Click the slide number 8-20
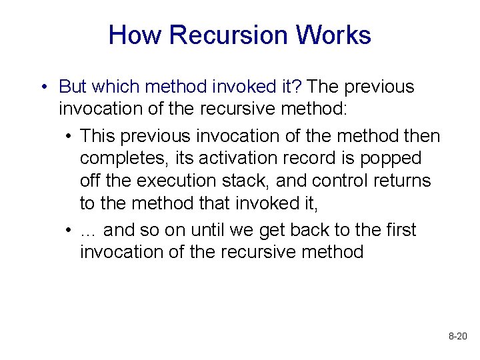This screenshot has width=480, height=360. click(x=457, y=337)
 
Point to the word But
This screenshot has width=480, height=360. click(x=73, y=87)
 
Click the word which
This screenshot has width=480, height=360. click(x=116, y=87)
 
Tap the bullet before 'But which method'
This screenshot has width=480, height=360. click(x=42, y=87)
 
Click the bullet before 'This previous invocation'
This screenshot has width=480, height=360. click(x=69, y=137)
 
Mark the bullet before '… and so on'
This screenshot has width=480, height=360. click(x=69, y=231)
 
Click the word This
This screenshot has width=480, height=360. click(x=98, y=136)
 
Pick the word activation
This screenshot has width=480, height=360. click(x=237, y=159)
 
